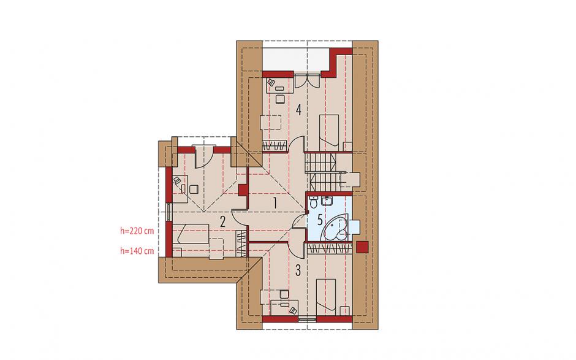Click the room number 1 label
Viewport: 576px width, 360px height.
pos(275,203)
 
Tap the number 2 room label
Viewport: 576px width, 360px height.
pos(222,221)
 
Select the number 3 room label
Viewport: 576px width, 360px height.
pos(298,270)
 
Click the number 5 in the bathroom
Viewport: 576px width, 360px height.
pos(320,221)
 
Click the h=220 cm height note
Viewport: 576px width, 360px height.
pos(137,231)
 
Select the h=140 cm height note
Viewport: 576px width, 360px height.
pos(137,251)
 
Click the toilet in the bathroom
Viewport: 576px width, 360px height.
pos(313,202)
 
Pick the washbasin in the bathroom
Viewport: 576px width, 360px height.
pos(327,201)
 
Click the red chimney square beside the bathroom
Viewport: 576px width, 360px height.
pos(362,247)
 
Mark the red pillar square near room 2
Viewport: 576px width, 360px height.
pos(243,190)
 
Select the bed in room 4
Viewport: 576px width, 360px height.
pos(329,132)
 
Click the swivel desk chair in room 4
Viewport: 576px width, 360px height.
pos(271,82)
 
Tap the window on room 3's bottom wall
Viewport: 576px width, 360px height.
pos(307,320)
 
